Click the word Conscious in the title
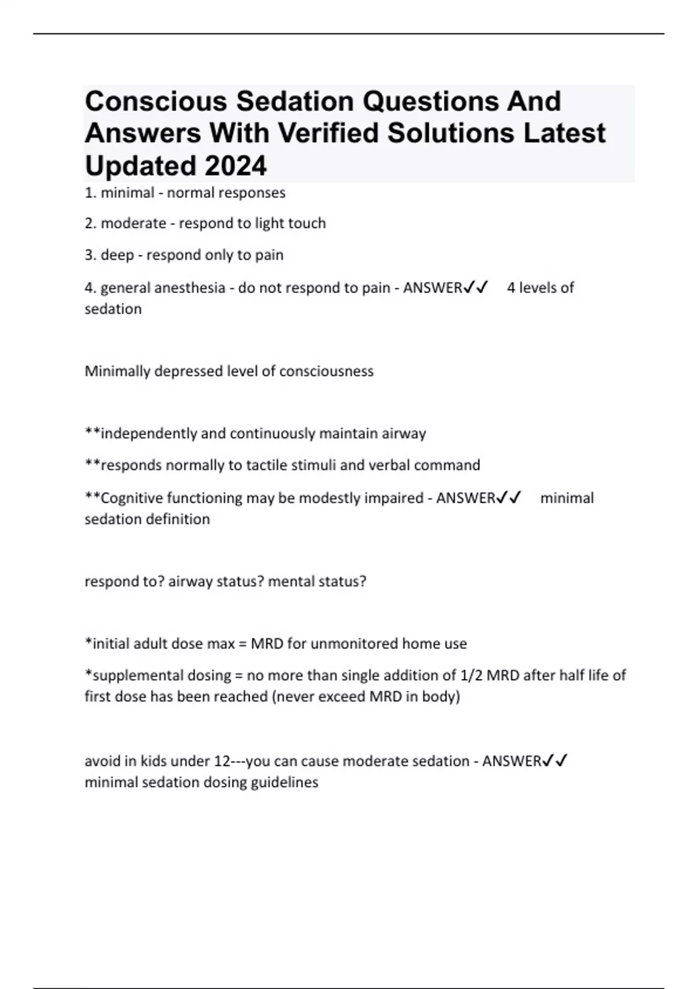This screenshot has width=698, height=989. tap(155, 102)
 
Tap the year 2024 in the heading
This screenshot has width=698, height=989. tap(235, 166)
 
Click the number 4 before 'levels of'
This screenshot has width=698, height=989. tap(511, 288)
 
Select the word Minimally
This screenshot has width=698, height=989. tap(117, 371)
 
